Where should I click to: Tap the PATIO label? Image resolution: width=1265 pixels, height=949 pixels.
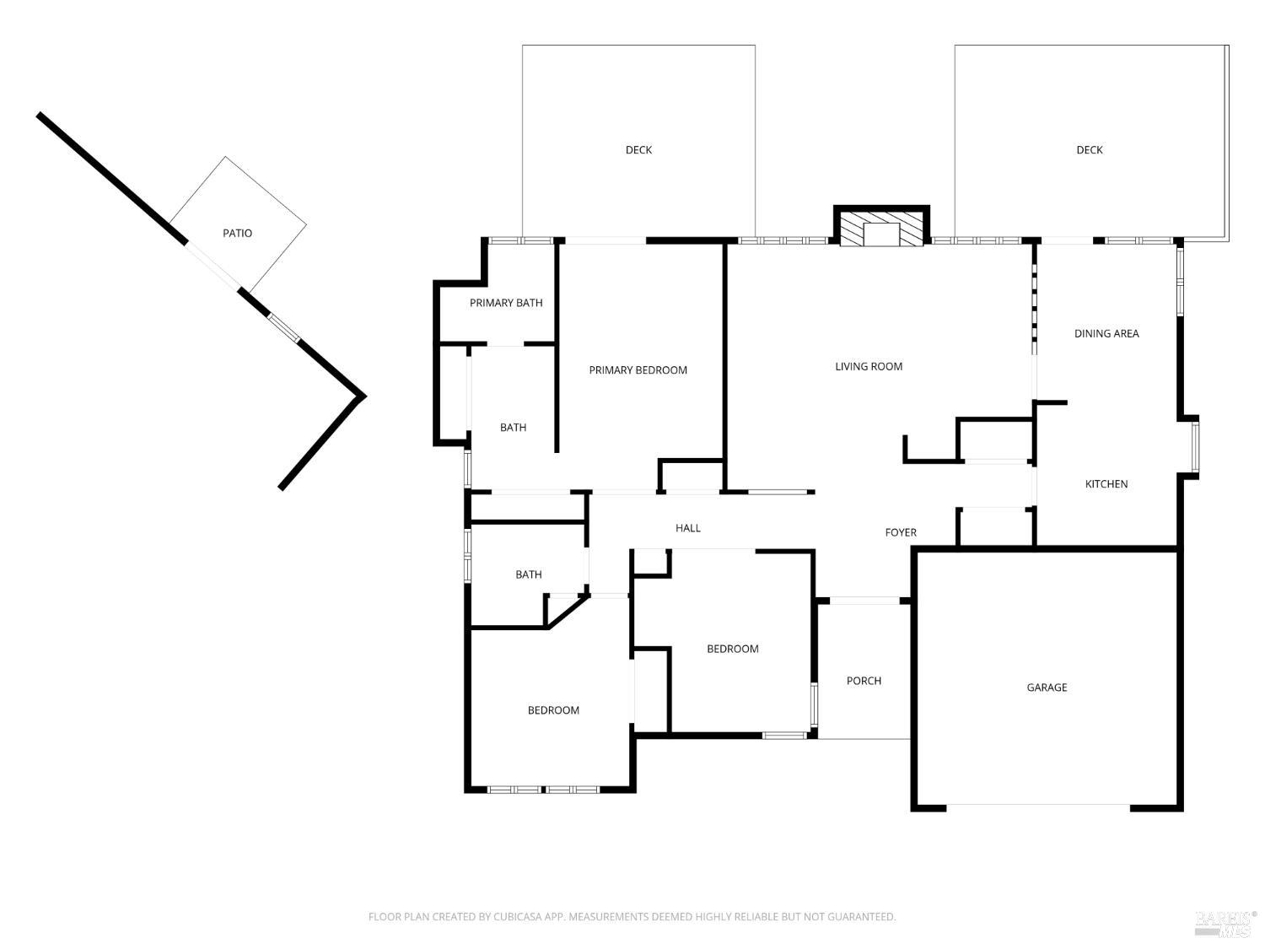click(237, 233)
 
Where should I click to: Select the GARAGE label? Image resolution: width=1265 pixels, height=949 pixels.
click(1047, 687)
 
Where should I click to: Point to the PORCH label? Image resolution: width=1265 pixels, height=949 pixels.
click(864, 681)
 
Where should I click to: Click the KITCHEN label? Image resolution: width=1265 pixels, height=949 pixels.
click(1106, 484)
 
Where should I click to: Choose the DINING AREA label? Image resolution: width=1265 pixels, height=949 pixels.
click(1106, 333)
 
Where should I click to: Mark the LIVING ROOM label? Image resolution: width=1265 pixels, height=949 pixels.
click(869, 366)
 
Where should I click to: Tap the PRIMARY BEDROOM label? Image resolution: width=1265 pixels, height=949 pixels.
click(638, 370)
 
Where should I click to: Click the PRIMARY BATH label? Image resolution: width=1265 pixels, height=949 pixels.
click(506, 303)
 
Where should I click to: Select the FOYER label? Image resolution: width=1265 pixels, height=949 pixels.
click(901, 532)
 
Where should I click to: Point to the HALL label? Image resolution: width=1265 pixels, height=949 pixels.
click(688, 528)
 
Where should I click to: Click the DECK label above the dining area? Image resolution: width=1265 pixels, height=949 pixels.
click(1089, 150)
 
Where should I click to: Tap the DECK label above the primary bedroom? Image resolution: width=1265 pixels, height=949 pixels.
click(638, 150)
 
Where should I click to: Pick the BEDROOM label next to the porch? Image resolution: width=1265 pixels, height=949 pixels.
click(732, 649)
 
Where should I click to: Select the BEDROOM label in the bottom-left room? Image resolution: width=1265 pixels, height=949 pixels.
click(553, 710)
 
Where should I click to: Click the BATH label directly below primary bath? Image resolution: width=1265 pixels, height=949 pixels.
click(513, 428)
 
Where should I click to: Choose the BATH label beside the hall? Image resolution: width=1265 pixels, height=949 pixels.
click(529, 574)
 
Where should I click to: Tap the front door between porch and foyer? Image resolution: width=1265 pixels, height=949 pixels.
click(864, 601)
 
